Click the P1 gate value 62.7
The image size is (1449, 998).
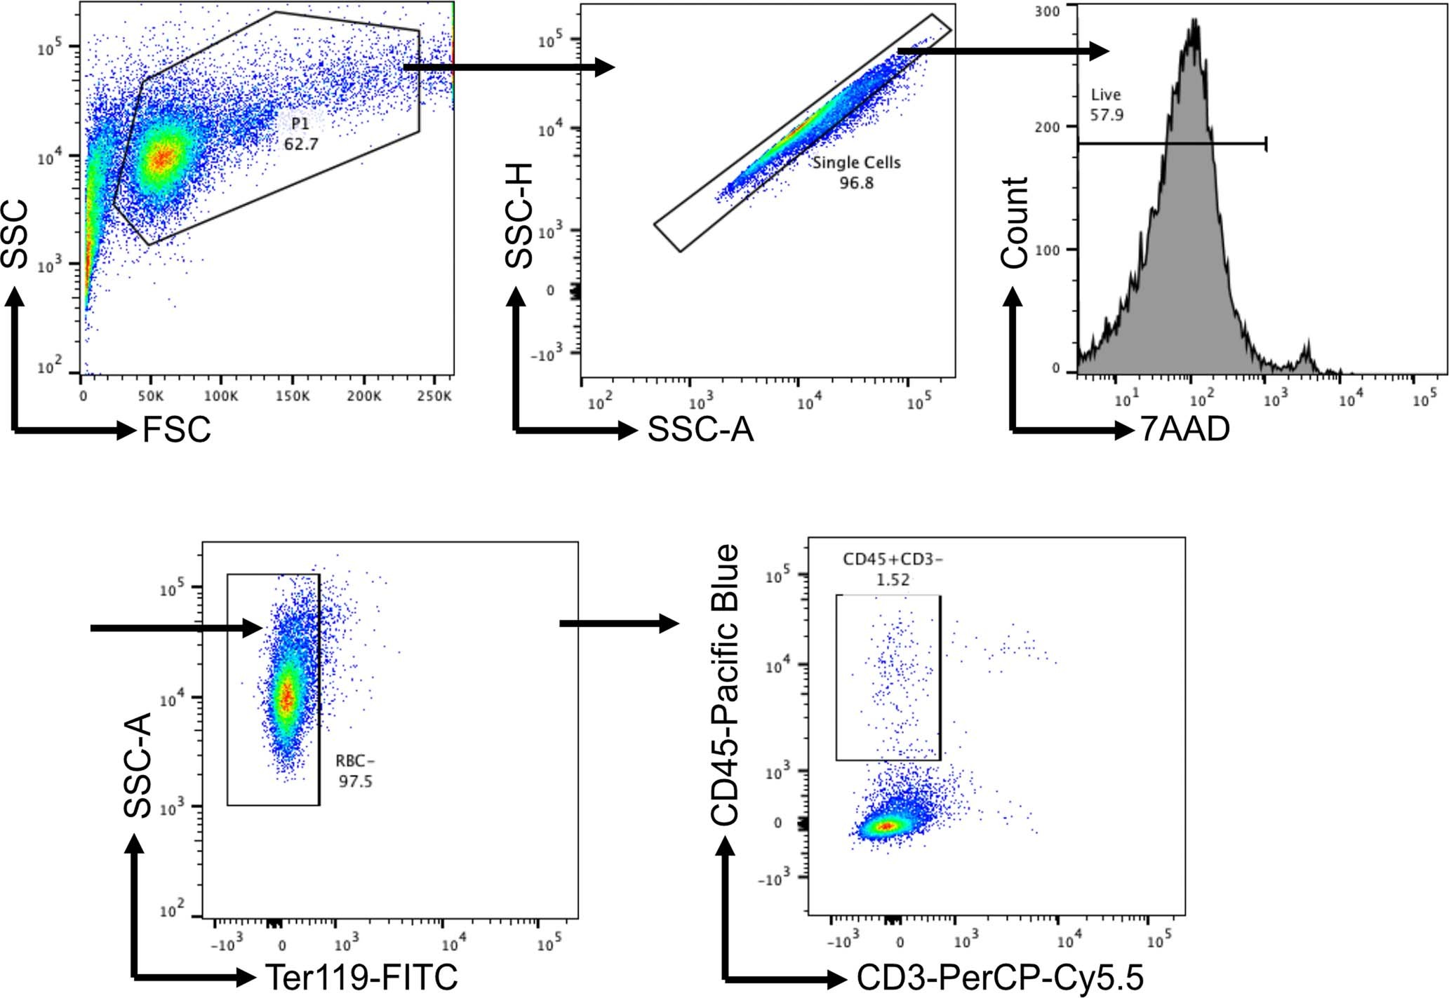(x=300, y=144)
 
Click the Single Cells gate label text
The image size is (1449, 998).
(x=856, y=163)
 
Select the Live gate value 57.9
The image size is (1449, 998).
(x=1107, y=115)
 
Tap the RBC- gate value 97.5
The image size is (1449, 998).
(x=355, y=781)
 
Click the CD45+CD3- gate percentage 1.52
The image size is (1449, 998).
(x=893, y=580)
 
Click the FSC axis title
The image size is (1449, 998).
(x=176, y=430)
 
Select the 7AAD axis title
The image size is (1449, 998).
(x=1184, y=429)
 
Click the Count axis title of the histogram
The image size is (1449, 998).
(x=1014, y=223)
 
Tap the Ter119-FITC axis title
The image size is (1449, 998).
(x=361, y=976)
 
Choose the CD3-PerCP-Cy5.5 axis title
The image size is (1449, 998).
(x=1000, y=977)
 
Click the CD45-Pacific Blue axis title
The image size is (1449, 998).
(x=725, y=685)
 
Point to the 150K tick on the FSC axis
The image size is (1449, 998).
(x=292, y=396)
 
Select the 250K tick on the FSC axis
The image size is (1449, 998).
(x=434, y=396)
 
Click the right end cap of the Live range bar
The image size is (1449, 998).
(x=1266, y=144)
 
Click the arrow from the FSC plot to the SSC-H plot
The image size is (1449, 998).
(x=509, y=67)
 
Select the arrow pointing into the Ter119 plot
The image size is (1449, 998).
(x=175, y=628)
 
